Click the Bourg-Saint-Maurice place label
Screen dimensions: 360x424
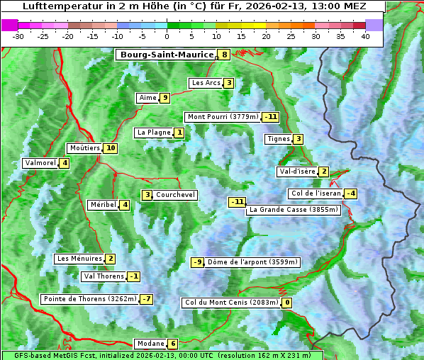(167, 55)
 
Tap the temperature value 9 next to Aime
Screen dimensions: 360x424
(164, 98)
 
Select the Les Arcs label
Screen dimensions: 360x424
(206, 83)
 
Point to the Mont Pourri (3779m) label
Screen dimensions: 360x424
(222, 117)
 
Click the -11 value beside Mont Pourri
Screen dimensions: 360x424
(270, 117)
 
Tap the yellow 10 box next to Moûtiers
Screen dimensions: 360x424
(110, 148)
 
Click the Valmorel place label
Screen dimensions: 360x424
(40, 163)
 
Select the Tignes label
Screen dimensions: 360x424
(279, 139)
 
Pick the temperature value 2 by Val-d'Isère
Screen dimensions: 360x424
(324, 171)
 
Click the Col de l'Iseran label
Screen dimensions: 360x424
(316, 193)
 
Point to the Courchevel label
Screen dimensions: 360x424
(175, 195)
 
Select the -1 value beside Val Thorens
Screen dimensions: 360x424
(134, 276)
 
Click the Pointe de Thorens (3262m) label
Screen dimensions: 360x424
(89, 299)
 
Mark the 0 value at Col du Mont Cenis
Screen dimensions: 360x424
(287, 303)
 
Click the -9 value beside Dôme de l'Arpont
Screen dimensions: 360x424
(197, 262)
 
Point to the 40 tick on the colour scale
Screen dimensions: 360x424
(365, 36)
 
